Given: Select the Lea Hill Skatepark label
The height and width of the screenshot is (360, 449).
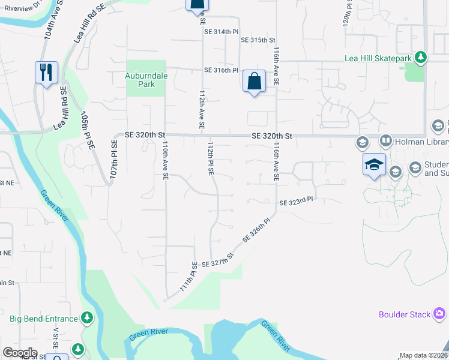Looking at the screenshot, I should pos(378,58).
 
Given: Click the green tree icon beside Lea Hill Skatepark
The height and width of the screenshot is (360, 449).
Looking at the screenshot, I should pos(422,58).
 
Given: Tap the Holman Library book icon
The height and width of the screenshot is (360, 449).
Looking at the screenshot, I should pos(385,142).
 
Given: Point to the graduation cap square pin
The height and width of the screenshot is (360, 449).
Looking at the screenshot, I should pos(373,164).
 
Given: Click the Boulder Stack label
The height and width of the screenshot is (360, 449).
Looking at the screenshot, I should pos(405,314).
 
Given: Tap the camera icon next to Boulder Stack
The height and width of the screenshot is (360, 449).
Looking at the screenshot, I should pos(439,314).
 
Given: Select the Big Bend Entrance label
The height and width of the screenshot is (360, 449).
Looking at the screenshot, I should pos(43,319).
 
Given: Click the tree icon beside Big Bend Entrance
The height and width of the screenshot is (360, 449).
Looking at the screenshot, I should pos(88,317).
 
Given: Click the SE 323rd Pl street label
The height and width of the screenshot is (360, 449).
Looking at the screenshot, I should pos(297,203).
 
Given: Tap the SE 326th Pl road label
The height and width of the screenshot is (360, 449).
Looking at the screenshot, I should pos(257,230).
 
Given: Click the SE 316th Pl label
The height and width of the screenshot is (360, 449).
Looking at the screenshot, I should pos(221,70).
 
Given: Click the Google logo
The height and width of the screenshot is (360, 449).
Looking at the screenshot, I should pos(20,353).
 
